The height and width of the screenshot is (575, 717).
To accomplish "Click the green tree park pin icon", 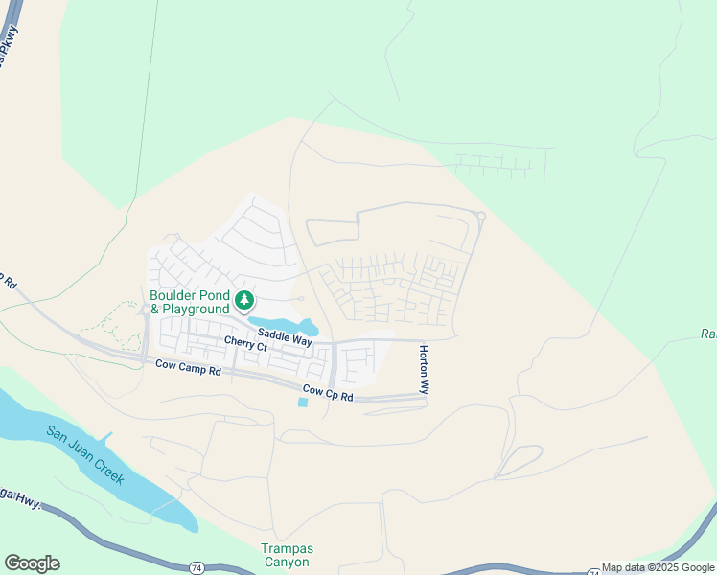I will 244,301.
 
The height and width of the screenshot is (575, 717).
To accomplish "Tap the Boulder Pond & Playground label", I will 190,302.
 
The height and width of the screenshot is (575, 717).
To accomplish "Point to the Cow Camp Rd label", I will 188,366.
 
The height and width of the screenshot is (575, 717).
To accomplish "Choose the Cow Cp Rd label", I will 328,391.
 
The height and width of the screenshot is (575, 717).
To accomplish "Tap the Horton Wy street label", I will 424,369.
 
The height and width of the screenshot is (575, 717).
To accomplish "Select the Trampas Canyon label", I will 287,556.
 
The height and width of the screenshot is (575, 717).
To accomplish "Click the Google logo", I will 32,563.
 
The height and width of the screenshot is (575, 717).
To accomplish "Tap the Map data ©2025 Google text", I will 658,568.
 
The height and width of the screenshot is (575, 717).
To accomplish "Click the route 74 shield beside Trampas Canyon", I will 196,567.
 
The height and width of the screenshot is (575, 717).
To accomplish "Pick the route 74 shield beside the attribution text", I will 593,571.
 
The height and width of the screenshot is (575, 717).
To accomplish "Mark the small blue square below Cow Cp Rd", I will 303,402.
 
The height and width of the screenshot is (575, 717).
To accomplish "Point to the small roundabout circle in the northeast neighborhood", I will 481,217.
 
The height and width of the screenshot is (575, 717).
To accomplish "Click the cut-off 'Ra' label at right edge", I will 707,334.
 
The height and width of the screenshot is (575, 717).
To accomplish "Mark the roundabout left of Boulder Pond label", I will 145,310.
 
